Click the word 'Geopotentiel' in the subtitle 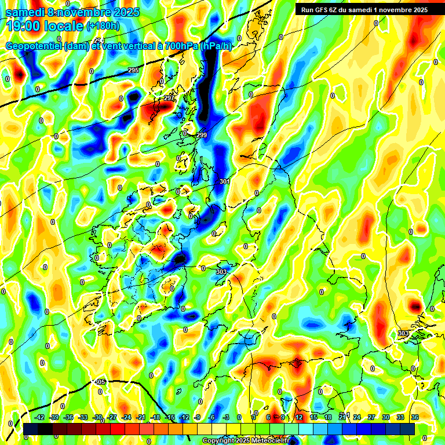pos(35,46)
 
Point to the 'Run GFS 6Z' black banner pos(362,9)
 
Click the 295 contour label pos(133,70)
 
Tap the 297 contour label pos(169,98)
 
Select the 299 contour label pos(201,135)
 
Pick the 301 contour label pos(225,181)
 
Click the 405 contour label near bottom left pos(100,382)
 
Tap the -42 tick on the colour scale pos(39,417)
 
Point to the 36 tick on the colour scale pos(414,417)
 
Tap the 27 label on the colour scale pos(371,417)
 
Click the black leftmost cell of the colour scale pos(31,429)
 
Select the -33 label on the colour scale pos(83,417)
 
